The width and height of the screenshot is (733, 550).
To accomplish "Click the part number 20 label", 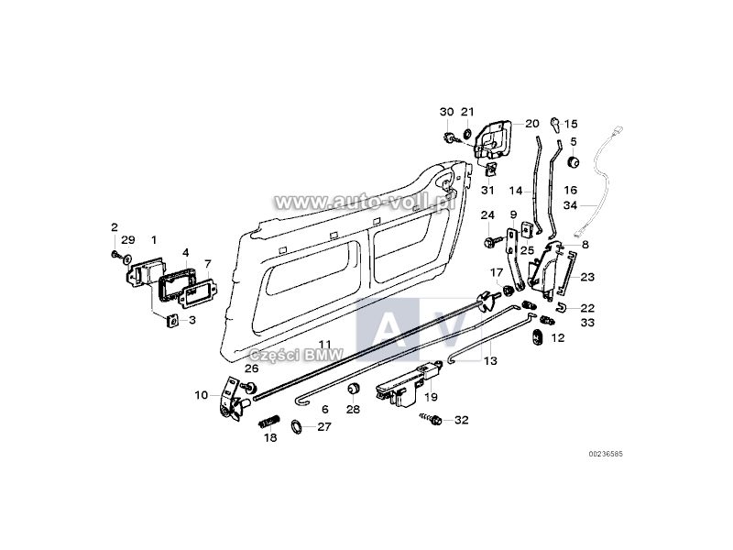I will point(532,123).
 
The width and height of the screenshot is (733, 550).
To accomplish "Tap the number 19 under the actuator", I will point(431,397).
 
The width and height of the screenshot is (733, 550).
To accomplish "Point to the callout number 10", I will point(201,395).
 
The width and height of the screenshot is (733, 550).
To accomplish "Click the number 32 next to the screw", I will point(461,420).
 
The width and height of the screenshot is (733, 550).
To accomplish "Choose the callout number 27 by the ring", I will point(324,426).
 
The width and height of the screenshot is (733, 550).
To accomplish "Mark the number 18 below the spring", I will point(270,439).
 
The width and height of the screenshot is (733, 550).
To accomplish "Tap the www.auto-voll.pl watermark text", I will point(364,200).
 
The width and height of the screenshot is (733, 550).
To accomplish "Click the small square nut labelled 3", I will point(170,320).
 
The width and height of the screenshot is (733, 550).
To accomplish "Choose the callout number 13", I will point(490,362).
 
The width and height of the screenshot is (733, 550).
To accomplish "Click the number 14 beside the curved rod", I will point(516,192).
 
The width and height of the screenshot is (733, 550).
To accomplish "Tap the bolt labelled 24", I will point(490,241).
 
